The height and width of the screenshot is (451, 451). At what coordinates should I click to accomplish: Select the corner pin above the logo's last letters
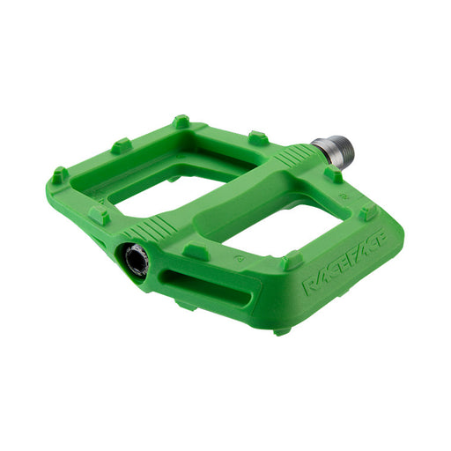click(x=368, y=212)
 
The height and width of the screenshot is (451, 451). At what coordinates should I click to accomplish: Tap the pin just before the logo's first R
click(x=292, y=262)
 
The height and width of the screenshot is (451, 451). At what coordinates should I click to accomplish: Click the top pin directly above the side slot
click(x=196, y=252)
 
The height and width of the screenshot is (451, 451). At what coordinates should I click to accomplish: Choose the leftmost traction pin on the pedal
click(x=59, y=175)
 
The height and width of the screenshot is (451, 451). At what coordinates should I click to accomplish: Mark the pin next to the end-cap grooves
click(x=99, y=214)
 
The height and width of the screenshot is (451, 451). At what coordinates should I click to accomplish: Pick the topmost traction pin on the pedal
click(x=181, y=121)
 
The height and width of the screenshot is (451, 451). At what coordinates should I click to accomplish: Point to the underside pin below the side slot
click(x=186, y=304)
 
